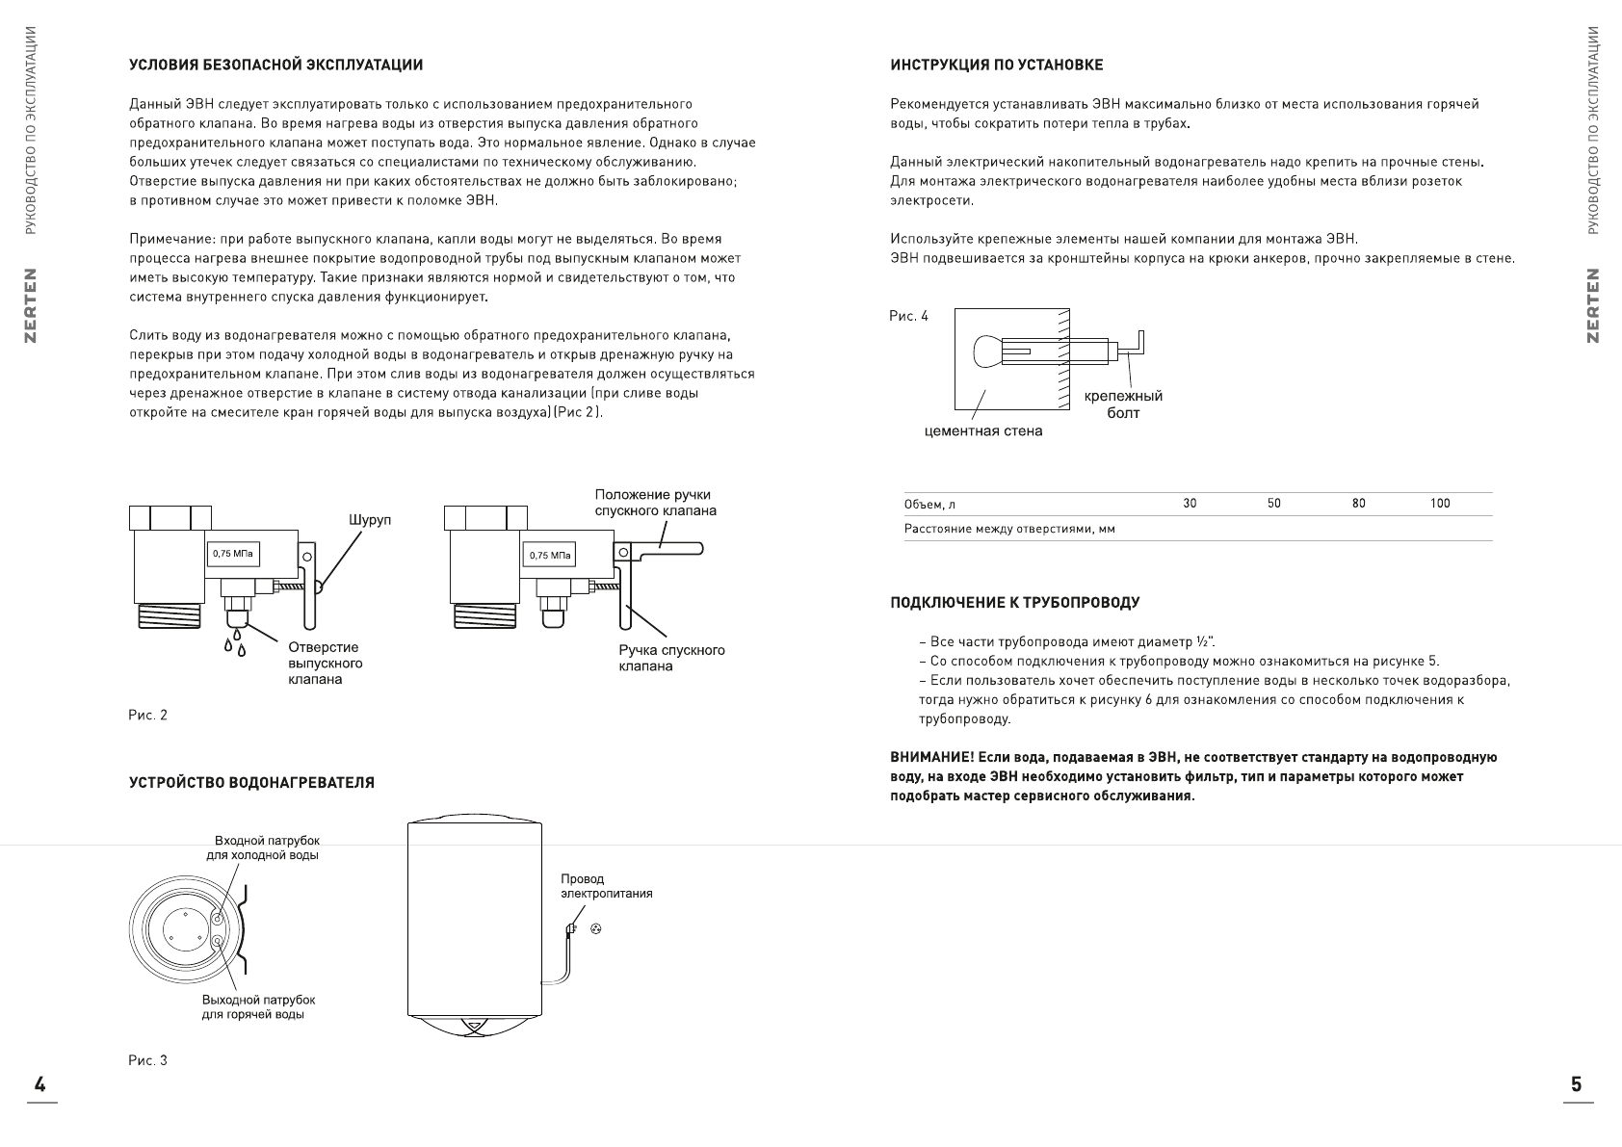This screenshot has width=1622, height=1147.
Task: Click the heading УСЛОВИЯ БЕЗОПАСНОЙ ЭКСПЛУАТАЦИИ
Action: coord(276,65)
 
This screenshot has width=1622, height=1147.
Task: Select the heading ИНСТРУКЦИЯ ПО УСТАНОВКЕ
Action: coord(997,65)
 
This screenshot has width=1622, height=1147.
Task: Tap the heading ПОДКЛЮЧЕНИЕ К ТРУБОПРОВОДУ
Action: coord(1014,603)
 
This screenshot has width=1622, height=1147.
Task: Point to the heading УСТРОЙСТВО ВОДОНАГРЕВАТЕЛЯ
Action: coord(252,783)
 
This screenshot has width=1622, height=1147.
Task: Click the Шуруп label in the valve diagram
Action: coord(370,520)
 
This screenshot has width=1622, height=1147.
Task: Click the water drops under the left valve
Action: coord(235,643)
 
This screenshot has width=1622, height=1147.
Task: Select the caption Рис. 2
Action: coord(148,716)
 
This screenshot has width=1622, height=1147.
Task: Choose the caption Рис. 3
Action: coord(148,1060)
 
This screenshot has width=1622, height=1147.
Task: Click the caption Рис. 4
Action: coord(909,316)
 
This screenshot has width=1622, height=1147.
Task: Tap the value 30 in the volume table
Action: coord(1190,504)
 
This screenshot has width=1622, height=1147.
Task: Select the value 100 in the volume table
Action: coord(1440,504)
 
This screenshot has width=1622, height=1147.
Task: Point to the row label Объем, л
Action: coord(929,505)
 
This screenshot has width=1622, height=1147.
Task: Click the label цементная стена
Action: coord(982,431)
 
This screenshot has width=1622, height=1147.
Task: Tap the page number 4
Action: coord(40,1084)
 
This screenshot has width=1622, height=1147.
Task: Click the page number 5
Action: coord(1576,1084)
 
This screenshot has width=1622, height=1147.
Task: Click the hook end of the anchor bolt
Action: coord(1139,339)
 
